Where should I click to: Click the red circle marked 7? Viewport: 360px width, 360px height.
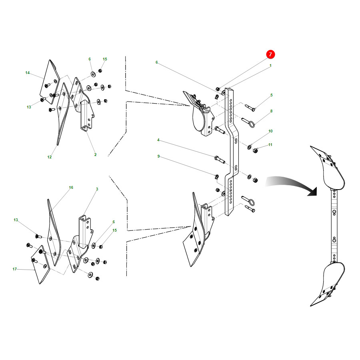point(270,54)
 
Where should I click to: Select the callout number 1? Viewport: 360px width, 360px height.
point(270,66)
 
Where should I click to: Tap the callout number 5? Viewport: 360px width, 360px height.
point(271,95)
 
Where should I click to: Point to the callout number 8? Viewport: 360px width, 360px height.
point(271,111)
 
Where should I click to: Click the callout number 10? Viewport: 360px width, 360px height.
point(270,131)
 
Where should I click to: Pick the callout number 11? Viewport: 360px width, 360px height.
point(270,145)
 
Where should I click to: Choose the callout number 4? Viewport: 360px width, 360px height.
point(158,140)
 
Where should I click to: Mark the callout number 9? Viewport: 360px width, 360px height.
point(158,156)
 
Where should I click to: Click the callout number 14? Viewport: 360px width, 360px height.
point(28,73)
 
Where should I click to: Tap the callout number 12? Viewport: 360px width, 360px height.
point(49,157)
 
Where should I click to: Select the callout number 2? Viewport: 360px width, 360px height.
point(95,155)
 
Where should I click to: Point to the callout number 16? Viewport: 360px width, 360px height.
point(71,188)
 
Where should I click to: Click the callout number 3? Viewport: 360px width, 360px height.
point(97,189)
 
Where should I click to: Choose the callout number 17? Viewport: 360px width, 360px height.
point(15,269)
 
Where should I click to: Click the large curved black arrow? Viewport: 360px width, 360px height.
point(292,185)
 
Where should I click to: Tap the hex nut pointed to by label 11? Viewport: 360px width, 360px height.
point(255,151)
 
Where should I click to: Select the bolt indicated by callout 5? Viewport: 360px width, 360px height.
point(250,108)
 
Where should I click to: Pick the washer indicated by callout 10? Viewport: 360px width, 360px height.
point(249,147)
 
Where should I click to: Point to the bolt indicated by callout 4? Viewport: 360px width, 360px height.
point(220,160)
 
